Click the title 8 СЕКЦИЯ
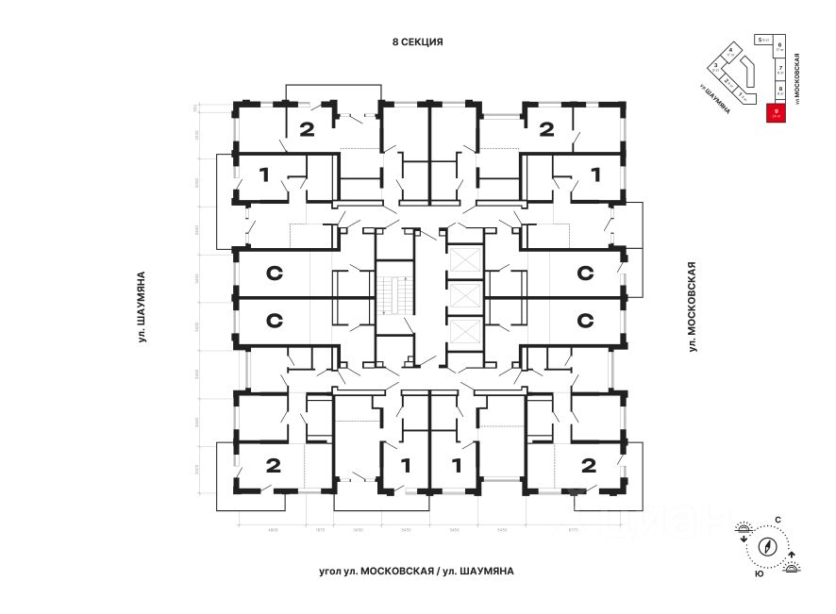click(x=417, y=42)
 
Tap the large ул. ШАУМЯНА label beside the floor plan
click(x=142, y=307)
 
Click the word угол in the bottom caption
click(x=331, y=571)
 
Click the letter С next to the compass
click(x=777, y=520)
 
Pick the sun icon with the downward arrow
click(x=744, y=530)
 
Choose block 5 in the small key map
click(x=761, y=41)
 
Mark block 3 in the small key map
click(x=716, y=67)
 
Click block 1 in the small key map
click(x=744, y=96)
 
